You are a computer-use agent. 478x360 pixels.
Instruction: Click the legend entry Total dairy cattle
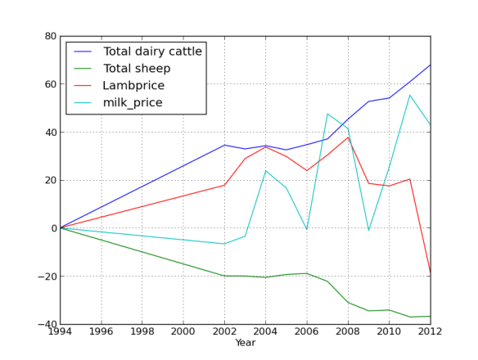tap(152, 52)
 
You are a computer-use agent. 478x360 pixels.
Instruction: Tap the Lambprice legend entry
tap(133, 86)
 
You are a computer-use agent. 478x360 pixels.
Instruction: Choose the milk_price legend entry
tap(133, 103)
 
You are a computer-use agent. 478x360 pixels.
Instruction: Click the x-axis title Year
tap(245, 344)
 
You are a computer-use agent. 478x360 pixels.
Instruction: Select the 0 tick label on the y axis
tap(52, 228)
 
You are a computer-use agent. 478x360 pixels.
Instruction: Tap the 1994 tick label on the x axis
tap(60, 333)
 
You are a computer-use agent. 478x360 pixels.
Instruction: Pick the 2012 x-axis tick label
tap(430, 333)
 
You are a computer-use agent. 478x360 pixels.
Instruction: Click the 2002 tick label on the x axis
tap(224, 333)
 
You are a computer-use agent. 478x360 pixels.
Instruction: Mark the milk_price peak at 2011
tap(410, 95)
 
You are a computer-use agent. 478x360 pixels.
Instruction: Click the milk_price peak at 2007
tap(327, 114)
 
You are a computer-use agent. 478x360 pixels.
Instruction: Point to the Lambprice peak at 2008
tap(348, 137)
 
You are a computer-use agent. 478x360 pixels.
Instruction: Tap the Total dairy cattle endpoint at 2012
tap(431, 65)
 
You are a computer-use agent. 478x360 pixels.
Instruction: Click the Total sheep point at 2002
tap(224, 276)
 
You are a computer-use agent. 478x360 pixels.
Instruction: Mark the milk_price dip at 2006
tap(307, 230)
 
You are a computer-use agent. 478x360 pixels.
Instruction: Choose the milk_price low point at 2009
tap(368, 231)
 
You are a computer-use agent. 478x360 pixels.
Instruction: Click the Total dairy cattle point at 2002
tap(224, 145)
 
